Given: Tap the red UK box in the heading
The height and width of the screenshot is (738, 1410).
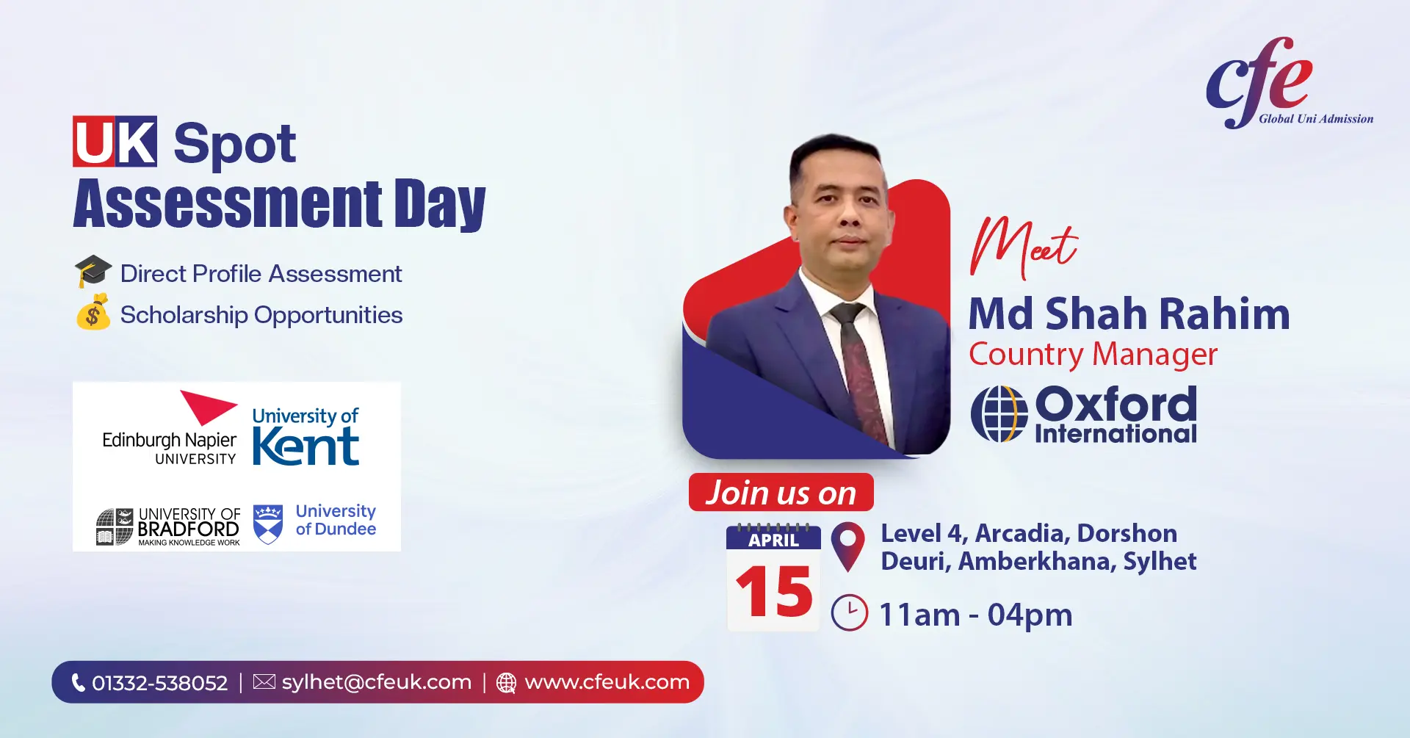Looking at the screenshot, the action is (x=115, y=141).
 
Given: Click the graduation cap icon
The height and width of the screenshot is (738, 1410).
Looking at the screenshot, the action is (x=93, y=271).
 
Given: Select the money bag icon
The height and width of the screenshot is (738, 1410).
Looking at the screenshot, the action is (x=93, y=312).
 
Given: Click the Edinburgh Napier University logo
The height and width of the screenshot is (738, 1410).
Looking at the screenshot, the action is (x=170, y=428).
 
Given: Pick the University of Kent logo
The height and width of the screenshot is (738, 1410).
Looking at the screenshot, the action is (x=305, y=436).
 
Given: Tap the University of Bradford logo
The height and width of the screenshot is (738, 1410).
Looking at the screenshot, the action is (x=168, y=527).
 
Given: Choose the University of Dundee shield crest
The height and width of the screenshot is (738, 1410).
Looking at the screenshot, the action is (x=268, y=524).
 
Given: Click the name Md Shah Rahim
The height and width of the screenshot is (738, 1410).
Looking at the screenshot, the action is (x=1129, y=314).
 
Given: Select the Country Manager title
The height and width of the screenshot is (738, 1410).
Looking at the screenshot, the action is (x=1093, y=355).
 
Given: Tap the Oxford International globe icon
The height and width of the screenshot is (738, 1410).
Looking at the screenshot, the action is (x=999, y=414).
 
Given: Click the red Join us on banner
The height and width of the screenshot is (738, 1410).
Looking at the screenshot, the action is (x=781, y=492).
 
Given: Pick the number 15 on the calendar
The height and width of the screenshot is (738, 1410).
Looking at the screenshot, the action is (x=774, y=591).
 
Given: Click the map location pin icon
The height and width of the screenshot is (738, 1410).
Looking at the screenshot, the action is (x=848, y=546).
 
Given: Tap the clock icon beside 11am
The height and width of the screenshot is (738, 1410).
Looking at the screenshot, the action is (x=850, y=612).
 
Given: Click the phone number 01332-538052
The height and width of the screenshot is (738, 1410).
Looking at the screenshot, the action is (x=160, y=683).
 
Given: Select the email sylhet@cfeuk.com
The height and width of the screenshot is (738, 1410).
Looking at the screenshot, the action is (x=377, y=682).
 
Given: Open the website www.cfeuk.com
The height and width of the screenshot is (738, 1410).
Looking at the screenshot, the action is (x=607, y=682).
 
